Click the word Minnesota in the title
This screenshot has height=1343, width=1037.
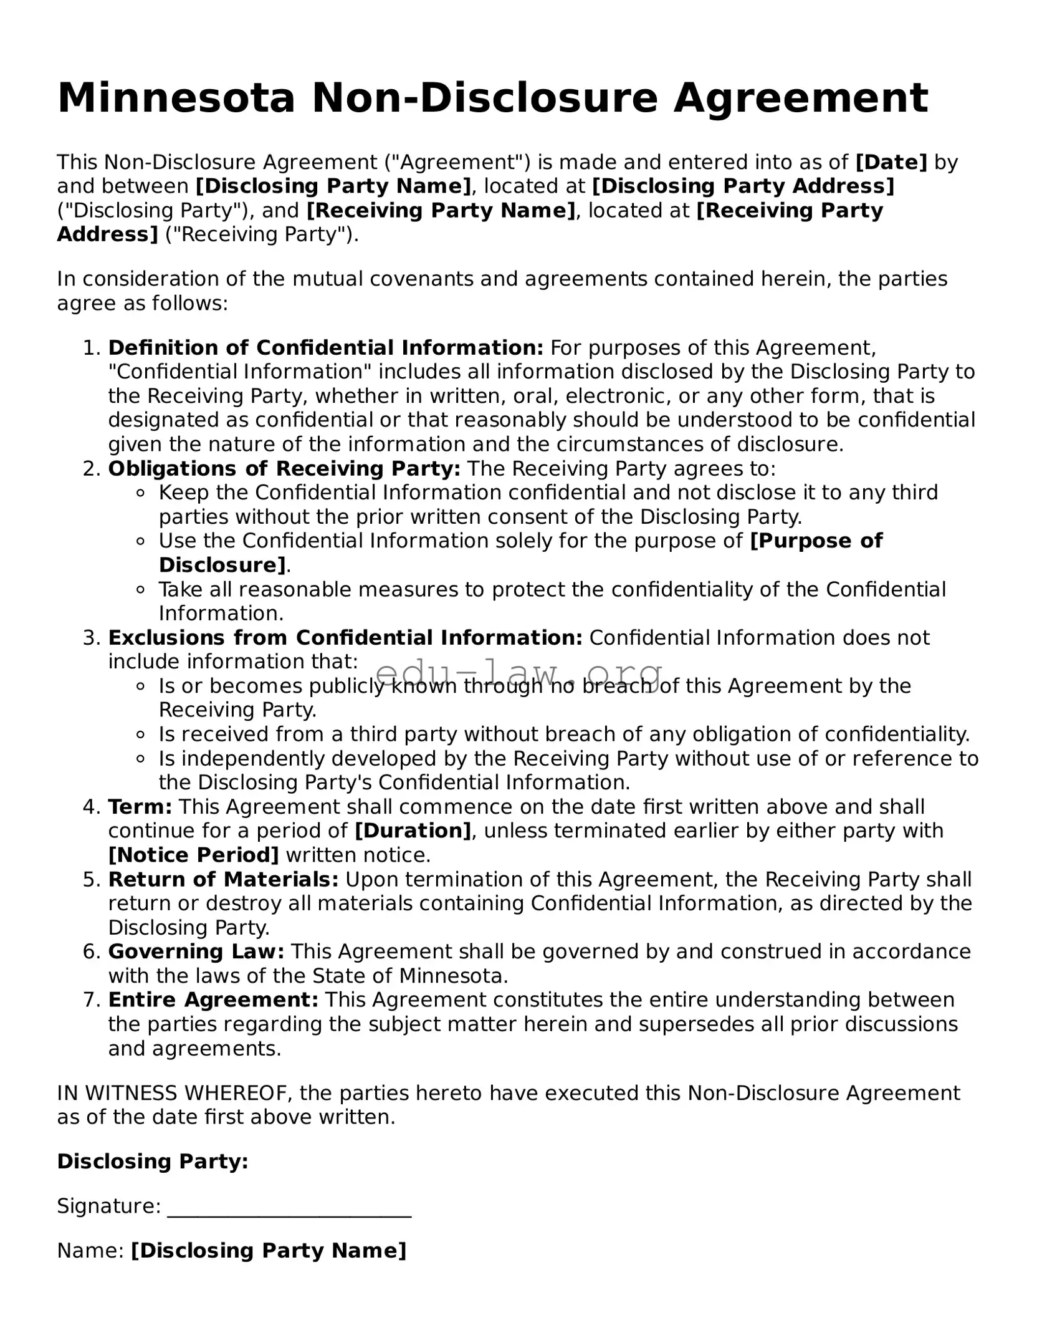click(x=176, y=99)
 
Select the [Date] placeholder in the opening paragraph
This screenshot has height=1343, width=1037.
click(x=891, y=163)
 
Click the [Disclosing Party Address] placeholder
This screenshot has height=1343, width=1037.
click(x=743, y=186)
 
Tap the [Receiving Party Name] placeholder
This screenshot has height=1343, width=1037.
click(x=441, y=211)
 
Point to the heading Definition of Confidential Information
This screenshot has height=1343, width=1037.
click(x=325, y=348)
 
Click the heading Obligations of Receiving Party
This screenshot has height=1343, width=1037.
click(x=284, y=469)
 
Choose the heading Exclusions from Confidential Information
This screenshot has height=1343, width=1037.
click(x=345, y=638)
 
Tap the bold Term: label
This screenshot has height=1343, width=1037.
click(x=140, y=807)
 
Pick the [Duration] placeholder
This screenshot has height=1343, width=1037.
click(x=413, y=831)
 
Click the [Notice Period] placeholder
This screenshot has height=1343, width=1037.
click(x=193, y=855)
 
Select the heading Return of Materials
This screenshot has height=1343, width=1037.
click(x=223, y=880)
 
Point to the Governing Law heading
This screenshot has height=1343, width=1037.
click(x=196, y=952)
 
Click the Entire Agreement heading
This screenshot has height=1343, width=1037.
click(x=213, y=1000)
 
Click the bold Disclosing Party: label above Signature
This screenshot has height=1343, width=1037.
click(x=153, y=1161)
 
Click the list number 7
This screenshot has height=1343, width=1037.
click(x=91, y=1000)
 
